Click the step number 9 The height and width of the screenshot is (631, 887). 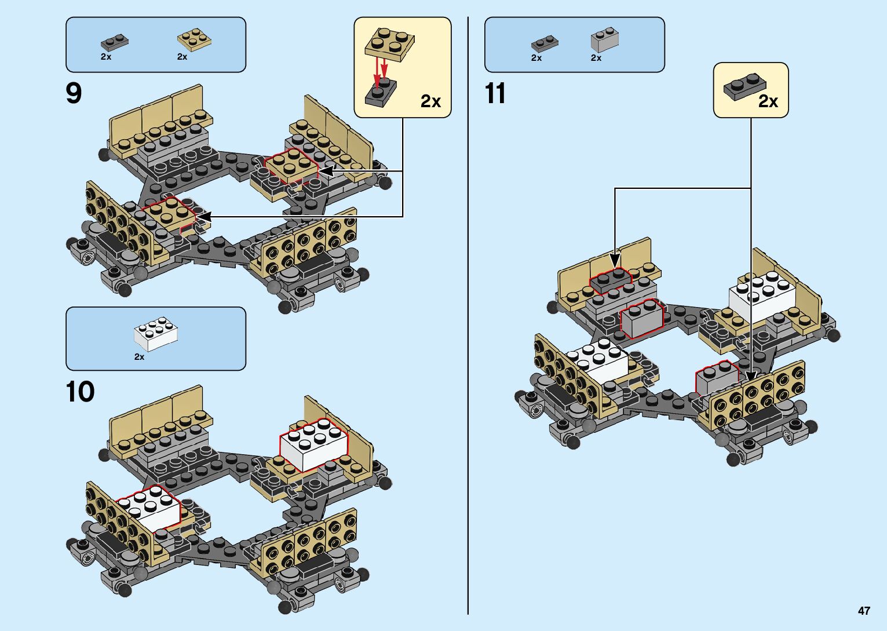[74, 93]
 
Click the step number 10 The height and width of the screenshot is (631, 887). [81, 392]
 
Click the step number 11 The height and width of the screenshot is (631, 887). [495, 93]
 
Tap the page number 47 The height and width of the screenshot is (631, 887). [864, 611]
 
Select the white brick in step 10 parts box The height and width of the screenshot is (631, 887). [156, 334]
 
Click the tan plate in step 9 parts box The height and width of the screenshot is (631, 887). [194, 39]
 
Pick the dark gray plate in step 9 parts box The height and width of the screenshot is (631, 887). [115, 42]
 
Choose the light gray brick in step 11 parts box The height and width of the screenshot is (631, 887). [605, 39]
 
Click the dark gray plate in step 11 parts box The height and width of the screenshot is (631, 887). [545, 43]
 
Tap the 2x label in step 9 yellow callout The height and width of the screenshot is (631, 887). [430, 101]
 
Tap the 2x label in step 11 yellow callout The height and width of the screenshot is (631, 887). [768, 101]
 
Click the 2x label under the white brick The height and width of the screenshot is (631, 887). [140, 357]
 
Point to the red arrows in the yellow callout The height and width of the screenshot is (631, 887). [380, 73]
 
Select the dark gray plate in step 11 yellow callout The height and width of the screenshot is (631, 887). [745, 87]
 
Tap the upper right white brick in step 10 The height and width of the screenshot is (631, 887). [314, 445]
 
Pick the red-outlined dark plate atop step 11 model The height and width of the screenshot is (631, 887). [610, 280]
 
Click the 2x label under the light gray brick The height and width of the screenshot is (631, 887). [596, 58]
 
